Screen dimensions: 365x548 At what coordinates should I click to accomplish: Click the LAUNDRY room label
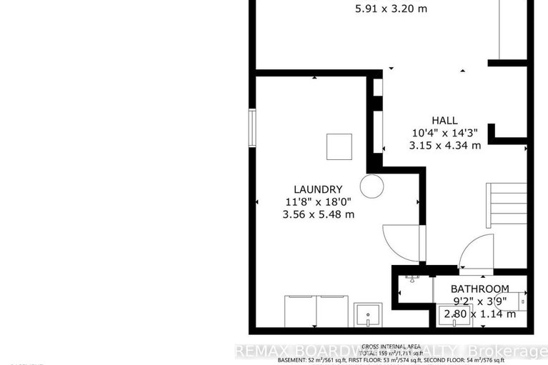[319, 189]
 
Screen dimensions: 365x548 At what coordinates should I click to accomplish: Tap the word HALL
[444, 121]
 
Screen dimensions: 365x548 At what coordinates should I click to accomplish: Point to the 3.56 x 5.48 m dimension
[319, 214]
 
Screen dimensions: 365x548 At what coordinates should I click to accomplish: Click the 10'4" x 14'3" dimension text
[444, 133]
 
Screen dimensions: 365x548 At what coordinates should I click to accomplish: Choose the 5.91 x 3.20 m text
[391, 10]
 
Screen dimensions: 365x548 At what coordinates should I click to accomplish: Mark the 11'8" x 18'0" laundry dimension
[319, 202]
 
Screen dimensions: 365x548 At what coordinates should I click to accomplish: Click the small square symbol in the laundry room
[339, 146]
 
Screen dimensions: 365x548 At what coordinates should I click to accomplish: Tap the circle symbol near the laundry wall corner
[372, 186]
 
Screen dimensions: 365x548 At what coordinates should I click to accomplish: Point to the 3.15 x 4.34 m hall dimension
[444, 145]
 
